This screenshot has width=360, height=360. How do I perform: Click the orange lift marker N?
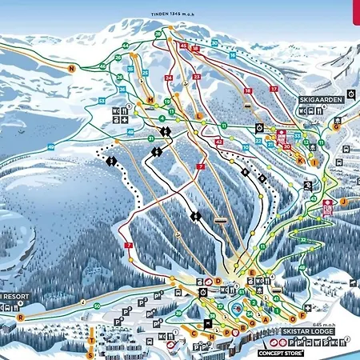(x=71, y=69)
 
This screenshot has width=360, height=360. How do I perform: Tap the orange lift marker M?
(x=150, y=99)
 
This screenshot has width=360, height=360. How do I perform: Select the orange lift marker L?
(x=198, y=115)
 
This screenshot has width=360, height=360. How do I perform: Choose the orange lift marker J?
(x=342, y=202)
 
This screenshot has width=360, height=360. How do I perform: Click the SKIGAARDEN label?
(x=321, y=99)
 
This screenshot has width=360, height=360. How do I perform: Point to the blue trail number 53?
(x=102, y=100)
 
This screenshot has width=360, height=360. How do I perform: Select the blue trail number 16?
(x=233, y=56)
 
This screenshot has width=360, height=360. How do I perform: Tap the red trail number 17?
(x=274, y=88)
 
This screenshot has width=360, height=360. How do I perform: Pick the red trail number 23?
(x=196, y=77)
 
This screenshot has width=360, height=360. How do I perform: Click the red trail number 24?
(x=168, y=78)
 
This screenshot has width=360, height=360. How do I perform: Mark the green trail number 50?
(x=96, y=306)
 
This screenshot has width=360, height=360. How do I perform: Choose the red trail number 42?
(x=218, y=142)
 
